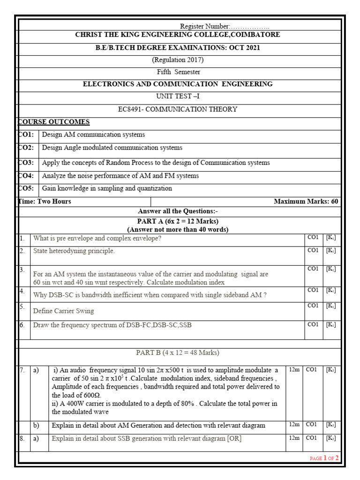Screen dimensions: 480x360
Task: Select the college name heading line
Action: (x=178, y=35)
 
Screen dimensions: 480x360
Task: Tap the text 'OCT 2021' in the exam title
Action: (x=244, y=48)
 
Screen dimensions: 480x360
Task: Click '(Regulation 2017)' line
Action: (x=178, y=60)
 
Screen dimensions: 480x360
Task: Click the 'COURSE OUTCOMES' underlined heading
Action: (x=53, y=122)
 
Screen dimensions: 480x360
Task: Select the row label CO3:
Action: (x=26, y=163)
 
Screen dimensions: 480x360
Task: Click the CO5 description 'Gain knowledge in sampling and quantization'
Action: (x=107, y=188)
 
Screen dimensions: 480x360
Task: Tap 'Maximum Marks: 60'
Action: (x=306, y=202)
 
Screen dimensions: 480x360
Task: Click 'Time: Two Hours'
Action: (x=45, y=202)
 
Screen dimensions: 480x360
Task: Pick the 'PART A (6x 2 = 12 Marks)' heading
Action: (x=178, y=221)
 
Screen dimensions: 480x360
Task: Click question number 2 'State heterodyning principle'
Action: (x=74, y=251)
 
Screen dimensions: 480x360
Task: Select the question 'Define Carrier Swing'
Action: (x=63, y=311)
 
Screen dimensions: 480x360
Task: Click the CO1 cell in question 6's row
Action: (x=313, y=324)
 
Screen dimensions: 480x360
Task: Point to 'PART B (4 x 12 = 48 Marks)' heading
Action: (x=178, y=352)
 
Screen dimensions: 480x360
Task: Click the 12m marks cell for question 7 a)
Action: (x=294, y=370)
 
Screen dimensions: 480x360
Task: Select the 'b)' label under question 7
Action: (x=36, y=426)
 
